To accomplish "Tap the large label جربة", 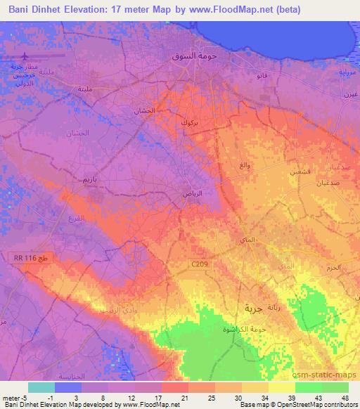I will (252, 307).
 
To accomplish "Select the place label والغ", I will (245, 164).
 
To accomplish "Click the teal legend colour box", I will (41, 387).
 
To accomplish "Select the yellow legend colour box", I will (281, 387).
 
